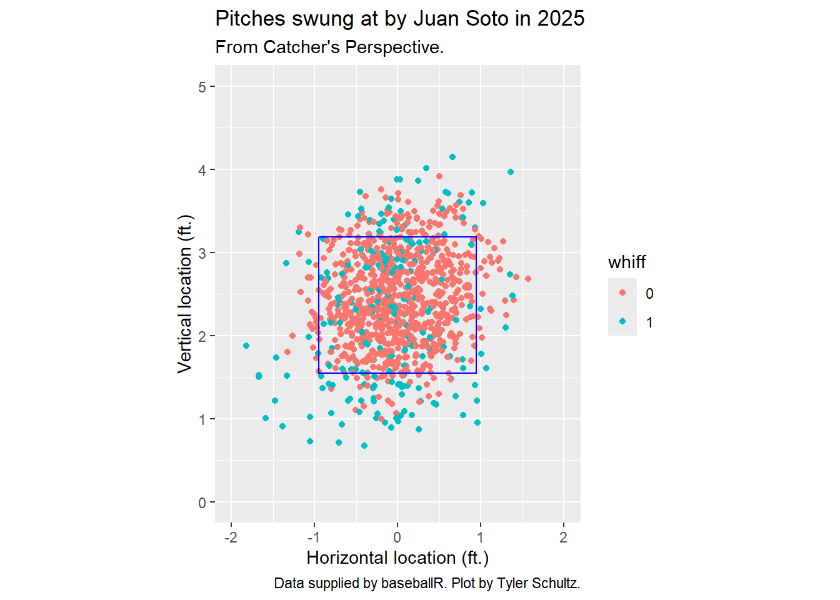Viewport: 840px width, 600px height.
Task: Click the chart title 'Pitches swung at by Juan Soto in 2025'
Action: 399,19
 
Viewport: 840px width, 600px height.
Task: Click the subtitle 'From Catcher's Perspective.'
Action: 329,47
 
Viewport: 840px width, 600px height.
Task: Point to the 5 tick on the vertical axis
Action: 202,87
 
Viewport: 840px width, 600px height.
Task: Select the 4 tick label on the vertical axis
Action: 202,170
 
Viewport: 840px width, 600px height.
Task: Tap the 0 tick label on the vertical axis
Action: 202,502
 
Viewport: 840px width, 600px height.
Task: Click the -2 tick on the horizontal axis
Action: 231,537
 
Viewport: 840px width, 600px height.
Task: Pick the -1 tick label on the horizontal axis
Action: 314,537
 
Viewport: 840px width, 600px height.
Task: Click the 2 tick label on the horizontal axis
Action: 563,537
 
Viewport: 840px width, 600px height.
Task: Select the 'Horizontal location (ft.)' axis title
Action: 397,557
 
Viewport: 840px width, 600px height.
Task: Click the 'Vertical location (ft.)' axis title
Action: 185,294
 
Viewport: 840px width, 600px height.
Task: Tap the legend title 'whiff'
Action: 626,262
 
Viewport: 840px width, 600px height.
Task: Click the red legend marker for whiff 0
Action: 622,293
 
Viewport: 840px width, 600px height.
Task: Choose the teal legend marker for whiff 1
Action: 622,322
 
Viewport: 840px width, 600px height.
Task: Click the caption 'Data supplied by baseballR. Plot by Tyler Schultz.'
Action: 427,583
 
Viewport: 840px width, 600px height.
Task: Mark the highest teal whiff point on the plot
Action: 452,157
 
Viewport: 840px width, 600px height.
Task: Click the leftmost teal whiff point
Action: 246,346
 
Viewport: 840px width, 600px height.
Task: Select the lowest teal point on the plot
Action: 364,446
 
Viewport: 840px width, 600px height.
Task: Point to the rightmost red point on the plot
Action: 528,279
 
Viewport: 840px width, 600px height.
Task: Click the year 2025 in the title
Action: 561,19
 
